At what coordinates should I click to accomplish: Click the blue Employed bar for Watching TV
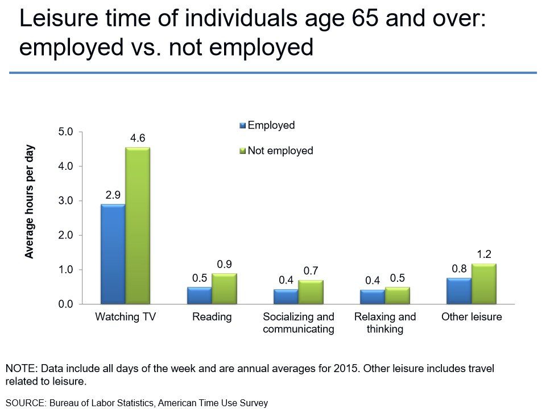pos(113,254)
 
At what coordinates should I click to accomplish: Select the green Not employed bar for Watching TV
pos(138,226)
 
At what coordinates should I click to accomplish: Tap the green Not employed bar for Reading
pos(224,289)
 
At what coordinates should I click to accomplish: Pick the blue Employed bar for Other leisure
pos(458,291)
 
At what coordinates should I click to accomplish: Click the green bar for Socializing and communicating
pos(311,292)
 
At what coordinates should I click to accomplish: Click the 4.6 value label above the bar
pos(138,138)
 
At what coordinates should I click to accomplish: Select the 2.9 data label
pos(113,195)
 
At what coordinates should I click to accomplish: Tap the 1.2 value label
pos(483,254)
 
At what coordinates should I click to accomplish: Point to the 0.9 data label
pos(224,264)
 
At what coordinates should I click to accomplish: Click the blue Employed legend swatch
pos(243,126)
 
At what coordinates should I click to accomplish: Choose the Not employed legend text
pos(280,151)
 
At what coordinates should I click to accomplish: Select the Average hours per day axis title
pos(30,202)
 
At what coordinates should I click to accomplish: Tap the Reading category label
pos(212,317)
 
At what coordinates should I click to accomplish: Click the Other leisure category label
pos(471,317)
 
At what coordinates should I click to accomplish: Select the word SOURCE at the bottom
pos(25,403)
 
